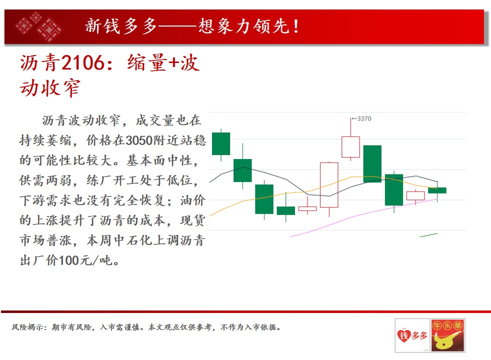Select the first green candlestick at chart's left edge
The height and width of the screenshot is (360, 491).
221,143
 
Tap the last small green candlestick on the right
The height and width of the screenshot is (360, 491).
437,190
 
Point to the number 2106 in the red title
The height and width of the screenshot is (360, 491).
82,62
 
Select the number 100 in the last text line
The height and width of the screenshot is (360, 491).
68,260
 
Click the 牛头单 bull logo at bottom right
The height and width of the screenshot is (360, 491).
447,335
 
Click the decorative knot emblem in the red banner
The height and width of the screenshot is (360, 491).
38,26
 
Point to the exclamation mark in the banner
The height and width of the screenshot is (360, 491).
296,26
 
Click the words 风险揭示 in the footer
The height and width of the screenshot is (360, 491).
27,327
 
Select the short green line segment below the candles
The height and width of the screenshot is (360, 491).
428,235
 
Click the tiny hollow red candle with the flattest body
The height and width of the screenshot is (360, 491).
307,208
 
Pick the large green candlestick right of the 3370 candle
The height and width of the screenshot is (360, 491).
372,163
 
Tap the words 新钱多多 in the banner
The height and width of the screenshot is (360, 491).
121,26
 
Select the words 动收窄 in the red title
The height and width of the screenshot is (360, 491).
50,87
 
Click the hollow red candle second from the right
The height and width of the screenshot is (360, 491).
415,196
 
